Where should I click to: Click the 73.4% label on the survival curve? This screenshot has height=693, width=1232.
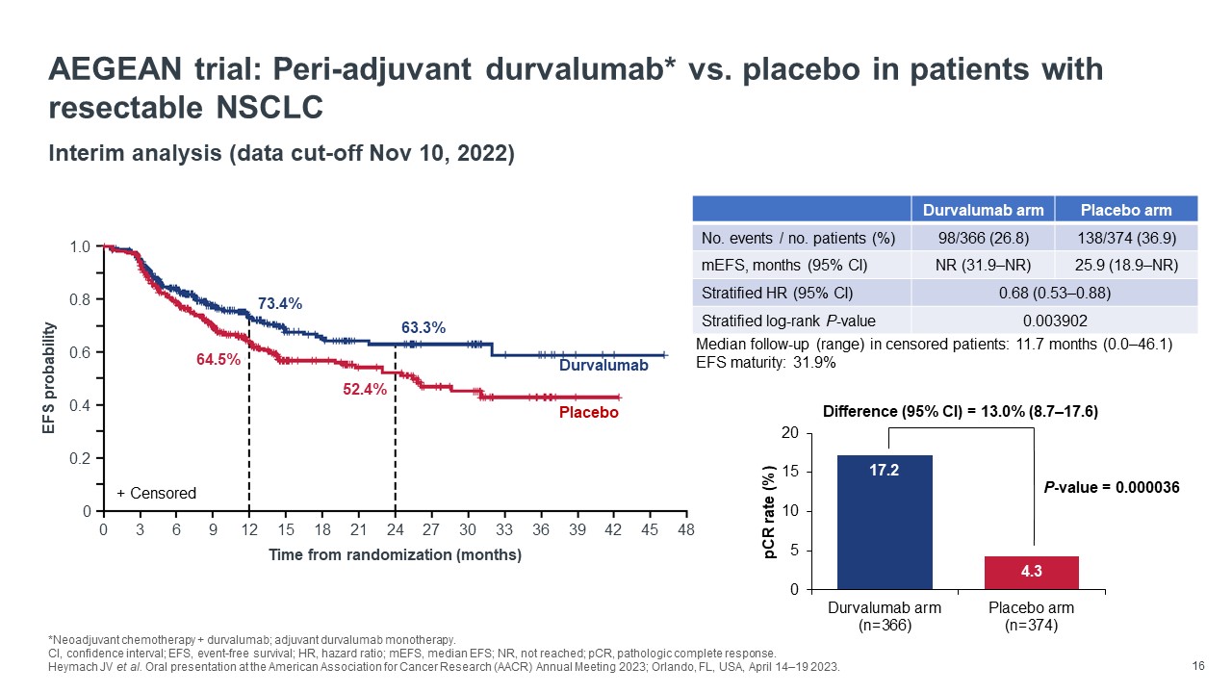[x=280, y=304]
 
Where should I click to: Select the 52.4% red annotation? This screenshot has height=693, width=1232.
[x=365, y=390]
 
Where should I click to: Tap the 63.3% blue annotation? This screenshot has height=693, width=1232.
[x=423, y=328]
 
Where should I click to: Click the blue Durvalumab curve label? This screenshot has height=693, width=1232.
[x=603, y=367]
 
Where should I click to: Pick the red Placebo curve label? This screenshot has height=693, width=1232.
[x=588, y=412]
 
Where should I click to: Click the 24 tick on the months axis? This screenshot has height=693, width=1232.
[x=395, y=529]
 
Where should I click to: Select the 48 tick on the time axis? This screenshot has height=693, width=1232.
[x=686, y=529]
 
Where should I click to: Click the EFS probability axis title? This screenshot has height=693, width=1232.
[x=50, y=378]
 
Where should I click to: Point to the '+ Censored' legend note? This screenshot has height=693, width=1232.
[x=156, y=494]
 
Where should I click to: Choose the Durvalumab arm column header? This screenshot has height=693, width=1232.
[x=983, y=210]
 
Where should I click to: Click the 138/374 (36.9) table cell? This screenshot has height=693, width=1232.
[x=1126, y=238]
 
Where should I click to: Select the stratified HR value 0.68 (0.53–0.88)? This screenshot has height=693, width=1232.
[x=1054, y=293]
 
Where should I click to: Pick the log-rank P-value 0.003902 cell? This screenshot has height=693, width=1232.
[x=1054, y=320]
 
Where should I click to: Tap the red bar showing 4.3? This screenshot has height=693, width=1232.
[x=1031, y=572]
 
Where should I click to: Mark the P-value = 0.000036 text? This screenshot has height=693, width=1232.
[x=1112, y=488]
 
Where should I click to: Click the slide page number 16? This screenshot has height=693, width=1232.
[x=1198, y=666]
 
